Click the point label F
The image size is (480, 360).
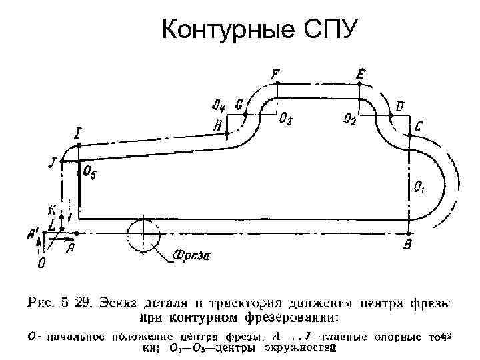(276, 73)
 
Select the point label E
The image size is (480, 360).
(361, 73)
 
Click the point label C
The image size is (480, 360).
(418, 125)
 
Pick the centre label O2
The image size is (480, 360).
(349, 119)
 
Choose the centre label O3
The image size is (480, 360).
(285, 119)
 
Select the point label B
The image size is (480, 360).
(407, 246)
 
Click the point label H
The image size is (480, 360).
(217, 125)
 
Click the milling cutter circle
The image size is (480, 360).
(142, 234)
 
